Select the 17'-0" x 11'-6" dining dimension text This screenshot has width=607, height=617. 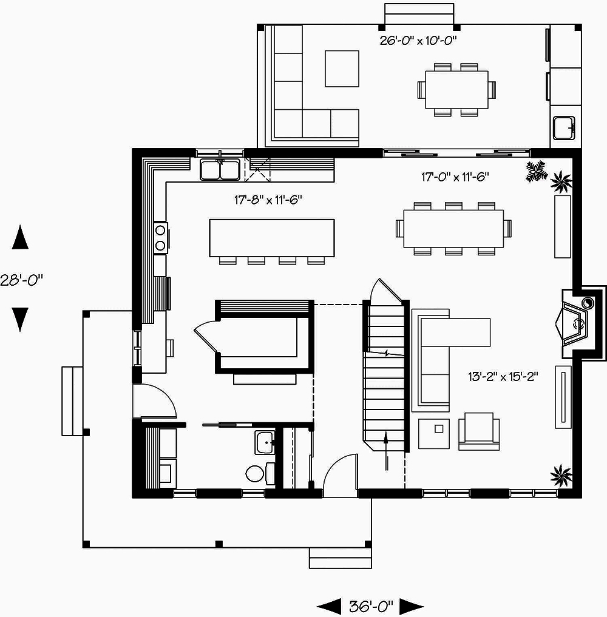(455, 177)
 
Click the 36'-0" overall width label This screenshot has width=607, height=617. (371, 605)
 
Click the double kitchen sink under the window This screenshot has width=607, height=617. (220, 169)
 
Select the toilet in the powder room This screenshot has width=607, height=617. (255, 473)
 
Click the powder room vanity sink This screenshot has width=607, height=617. (264, 442)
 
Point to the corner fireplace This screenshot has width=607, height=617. (575, 322)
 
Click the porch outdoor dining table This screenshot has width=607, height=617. (456, 90)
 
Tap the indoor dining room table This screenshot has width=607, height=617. (453, 228)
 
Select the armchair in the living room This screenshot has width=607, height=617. (479, 431)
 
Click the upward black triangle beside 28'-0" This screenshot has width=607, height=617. (21, 237)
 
